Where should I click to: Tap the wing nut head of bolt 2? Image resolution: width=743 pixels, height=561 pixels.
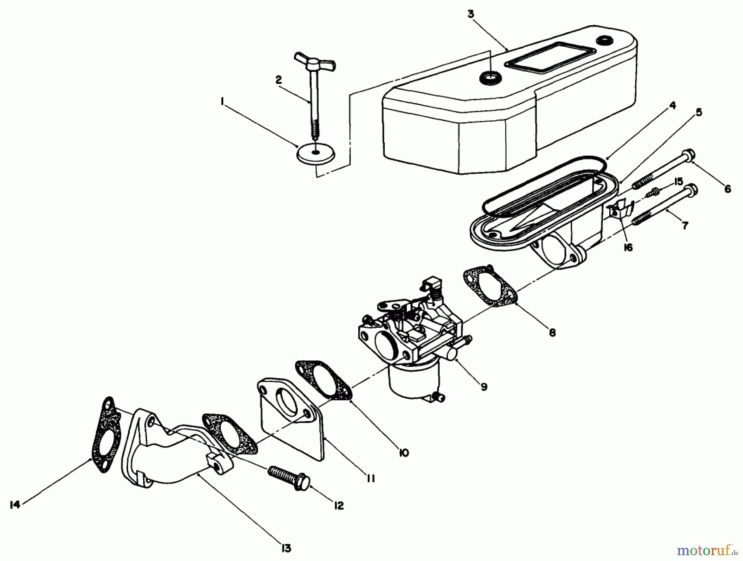tap(315, 62)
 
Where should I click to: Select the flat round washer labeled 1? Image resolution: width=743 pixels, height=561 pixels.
tap(316, 155)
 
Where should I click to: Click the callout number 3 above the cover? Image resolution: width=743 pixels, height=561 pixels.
tap(471, 14)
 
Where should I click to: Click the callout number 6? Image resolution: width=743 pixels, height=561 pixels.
tap(727, 189)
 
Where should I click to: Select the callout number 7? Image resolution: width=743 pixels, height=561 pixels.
tap(685, 226)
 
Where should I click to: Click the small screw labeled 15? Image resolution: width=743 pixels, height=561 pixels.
tap(653, 191)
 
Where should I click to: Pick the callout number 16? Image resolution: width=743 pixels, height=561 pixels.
tap(628, 247)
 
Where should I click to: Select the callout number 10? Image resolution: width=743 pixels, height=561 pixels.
tap(404, 453)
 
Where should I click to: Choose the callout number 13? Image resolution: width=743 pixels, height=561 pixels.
tap(286, 548)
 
